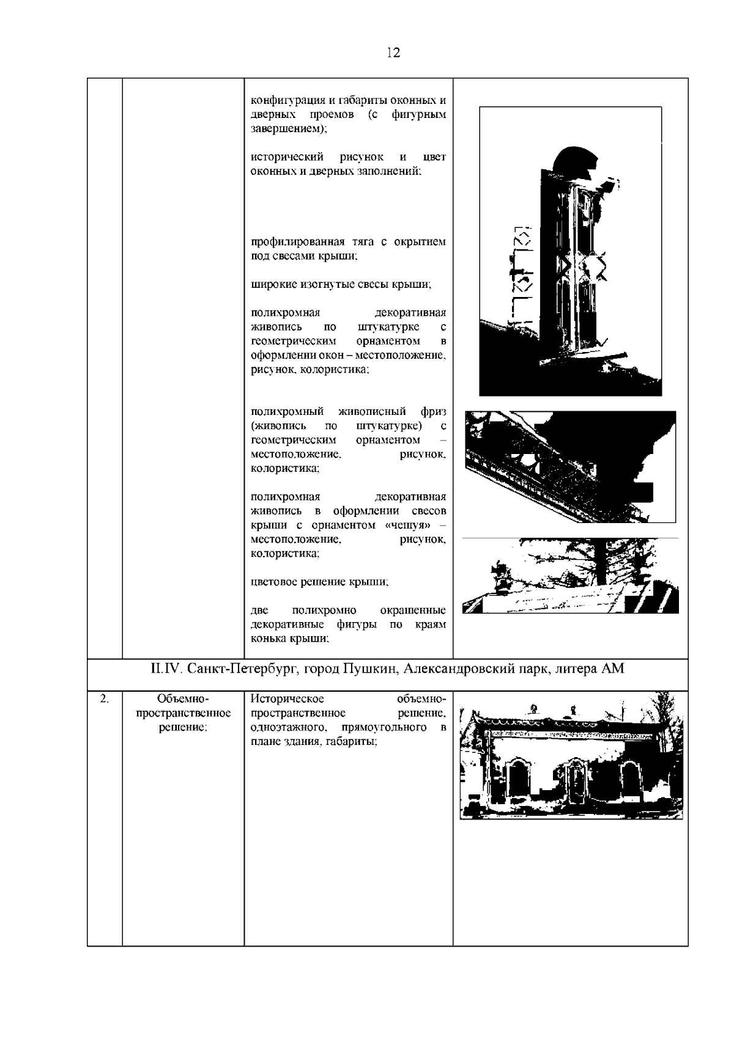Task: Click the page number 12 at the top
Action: coord(393,53)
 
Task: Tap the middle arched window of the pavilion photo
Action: coord(575,780)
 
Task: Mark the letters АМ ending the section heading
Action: coord(613,669)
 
